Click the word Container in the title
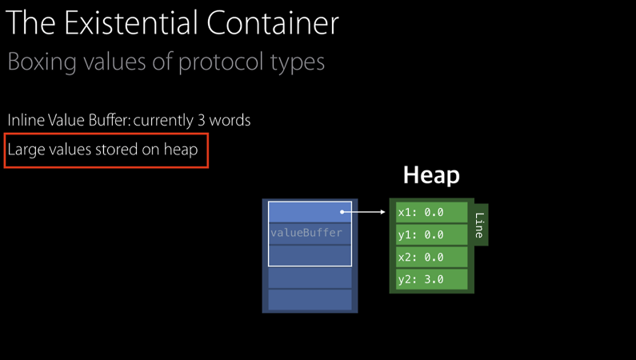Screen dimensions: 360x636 (x=273, y=23)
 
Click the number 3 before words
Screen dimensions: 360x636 (x=200, y=120)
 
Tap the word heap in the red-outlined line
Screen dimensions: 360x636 (x=181, y=150)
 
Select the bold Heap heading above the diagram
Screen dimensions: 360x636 (x=431, y=175)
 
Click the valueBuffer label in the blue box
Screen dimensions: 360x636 (x=306, y=233)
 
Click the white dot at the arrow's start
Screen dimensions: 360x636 (x=342, y=212)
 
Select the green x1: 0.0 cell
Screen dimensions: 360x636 (x=432, y=212)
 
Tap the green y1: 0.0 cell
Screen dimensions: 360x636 (x=432, y=234)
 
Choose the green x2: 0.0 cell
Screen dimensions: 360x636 (x=432, y=257)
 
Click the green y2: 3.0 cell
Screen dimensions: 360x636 (x=432, y=279)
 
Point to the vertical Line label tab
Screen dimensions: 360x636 (x=479, y=225)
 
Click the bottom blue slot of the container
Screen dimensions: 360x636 (x=310, y=299)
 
